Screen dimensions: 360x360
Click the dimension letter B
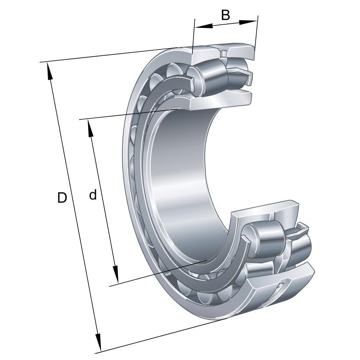225,15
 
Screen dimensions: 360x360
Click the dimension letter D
62,198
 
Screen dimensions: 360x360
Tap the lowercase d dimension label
93,195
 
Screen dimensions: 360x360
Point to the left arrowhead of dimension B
204,26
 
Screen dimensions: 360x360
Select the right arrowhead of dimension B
248,22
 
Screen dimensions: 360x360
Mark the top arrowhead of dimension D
49,72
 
